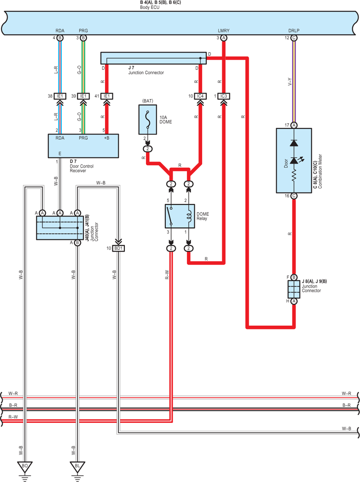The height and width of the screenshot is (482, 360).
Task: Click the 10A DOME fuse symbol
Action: tap(148, 119)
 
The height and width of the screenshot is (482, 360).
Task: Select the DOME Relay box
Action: tap(180, 216)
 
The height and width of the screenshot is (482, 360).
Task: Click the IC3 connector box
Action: tap(223, 96)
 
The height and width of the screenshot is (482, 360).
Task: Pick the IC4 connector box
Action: tap(200, 96)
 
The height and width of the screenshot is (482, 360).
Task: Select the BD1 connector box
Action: tap(118, 248)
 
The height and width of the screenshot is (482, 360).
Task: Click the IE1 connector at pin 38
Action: tap(60, 96)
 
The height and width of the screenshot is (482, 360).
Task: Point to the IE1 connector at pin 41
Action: tap(107, 96)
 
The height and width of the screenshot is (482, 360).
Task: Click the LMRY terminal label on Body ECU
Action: tap(223, 30)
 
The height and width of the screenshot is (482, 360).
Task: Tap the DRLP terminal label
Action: tap(294, 30)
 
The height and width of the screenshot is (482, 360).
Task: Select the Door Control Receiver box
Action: tap(83, 146)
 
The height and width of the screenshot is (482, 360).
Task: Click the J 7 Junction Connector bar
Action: tap(154, 58)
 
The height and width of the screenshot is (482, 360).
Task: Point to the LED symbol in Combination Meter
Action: tap(294, 161)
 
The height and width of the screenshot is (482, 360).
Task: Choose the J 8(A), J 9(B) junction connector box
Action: tap(294, 289)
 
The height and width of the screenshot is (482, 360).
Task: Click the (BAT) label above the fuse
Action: tap(148, 101)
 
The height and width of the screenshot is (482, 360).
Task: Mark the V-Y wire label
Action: tap(290, 82)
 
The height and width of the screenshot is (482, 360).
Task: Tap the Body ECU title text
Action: tap(150, 7)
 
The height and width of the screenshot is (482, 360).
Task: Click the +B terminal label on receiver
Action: tap(107, 138)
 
